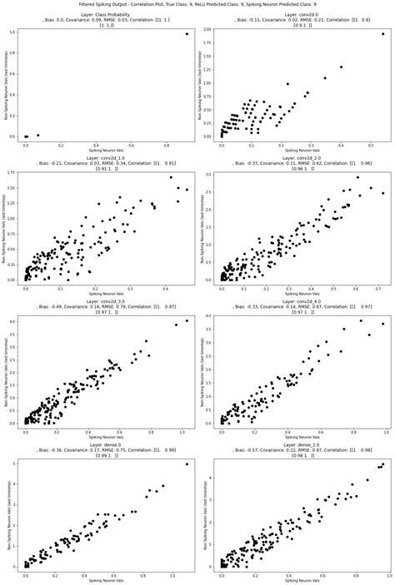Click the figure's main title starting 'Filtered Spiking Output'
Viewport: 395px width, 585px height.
click(197, 5)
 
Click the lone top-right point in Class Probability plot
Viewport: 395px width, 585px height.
click(187, 33)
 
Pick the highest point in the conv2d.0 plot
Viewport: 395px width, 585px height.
click(382, 34)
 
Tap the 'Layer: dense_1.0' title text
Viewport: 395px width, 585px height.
click(296, 445)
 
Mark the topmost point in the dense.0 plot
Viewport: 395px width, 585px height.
click(187, 464)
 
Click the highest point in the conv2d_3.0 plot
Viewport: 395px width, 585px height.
click(187, 320)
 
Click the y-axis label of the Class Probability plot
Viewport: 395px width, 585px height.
click(6, 83)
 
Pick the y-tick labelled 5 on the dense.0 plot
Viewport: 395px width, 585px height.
click(17, 464)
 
